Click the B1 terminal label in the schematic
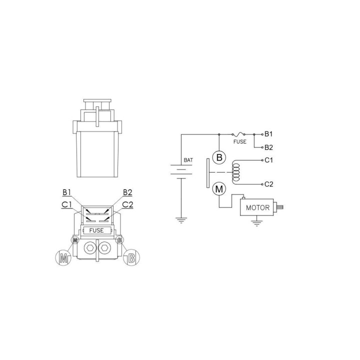pyautogui.click(x=268, y=134)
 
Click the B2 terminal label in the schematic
pyautogui.click(x=268, y=147)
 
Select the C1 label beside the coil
pyautogui.click(x=268, y=160)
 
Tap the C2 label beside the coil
pyautogui.click(x=269, y=184)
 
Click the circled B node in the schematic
pyautogui.click(x=219, y=157)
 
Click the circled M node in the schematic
pyautogui.click(x=219, y=189)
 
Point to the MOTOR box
pyautogui.click(x=256, y=207)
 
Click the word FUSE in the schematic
pyautogui.click(x=239, y=141)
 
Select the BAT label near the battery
pyautogui.click(x=188, y=160)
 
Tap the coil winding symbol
pyautogui.click(x=236, y=172)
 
